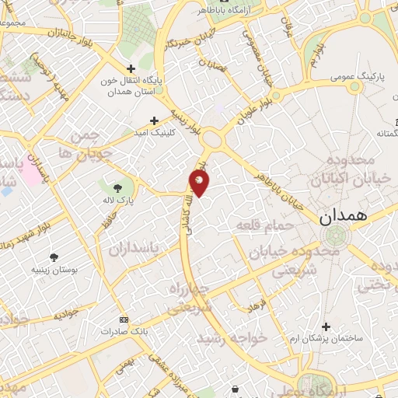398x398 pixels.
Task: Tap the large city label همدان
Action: coord(340,219)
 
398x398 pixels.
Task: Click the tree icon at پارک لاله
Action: coord(117,188)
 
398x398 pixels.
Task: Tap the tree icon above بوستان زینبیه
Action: coord(54,257)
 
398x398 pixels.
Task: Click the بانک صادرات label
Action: coord(123,331)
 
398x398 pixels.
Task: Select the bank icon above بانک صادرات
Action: coord(123,319)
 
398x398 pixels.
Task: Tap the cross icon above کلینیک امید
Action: coord(154,120)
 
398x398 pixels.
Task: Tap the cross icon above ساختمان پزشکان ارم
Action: coord(325,326)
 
